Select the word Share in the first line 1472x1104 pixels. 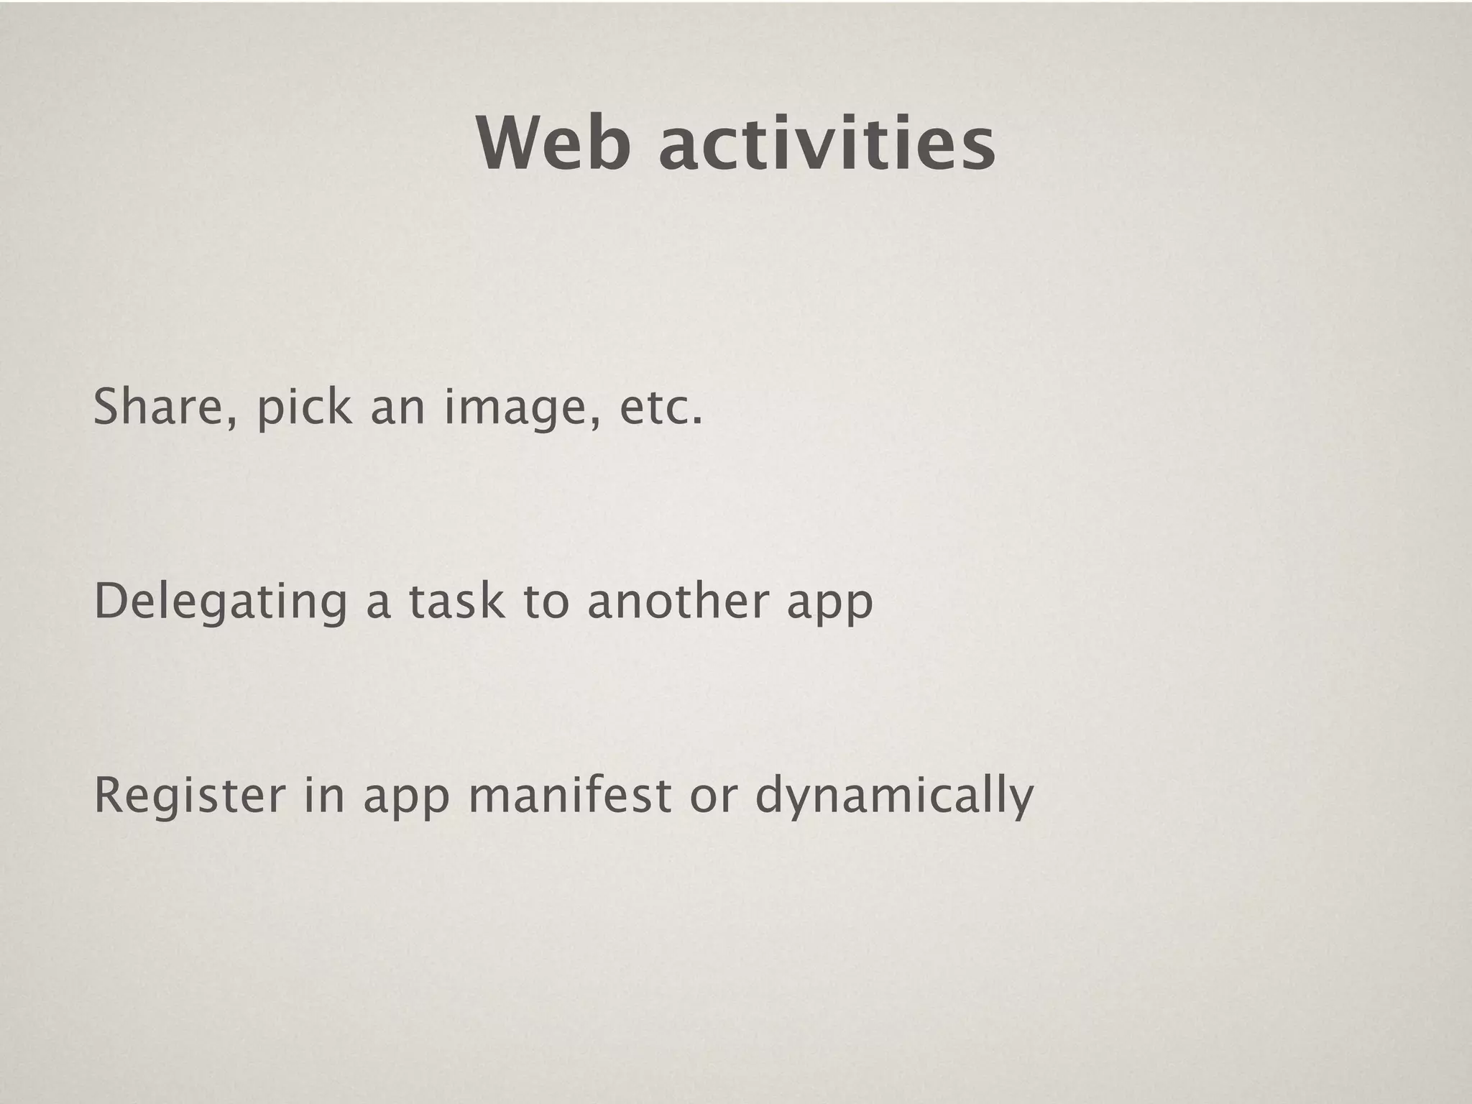(157, 407)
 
